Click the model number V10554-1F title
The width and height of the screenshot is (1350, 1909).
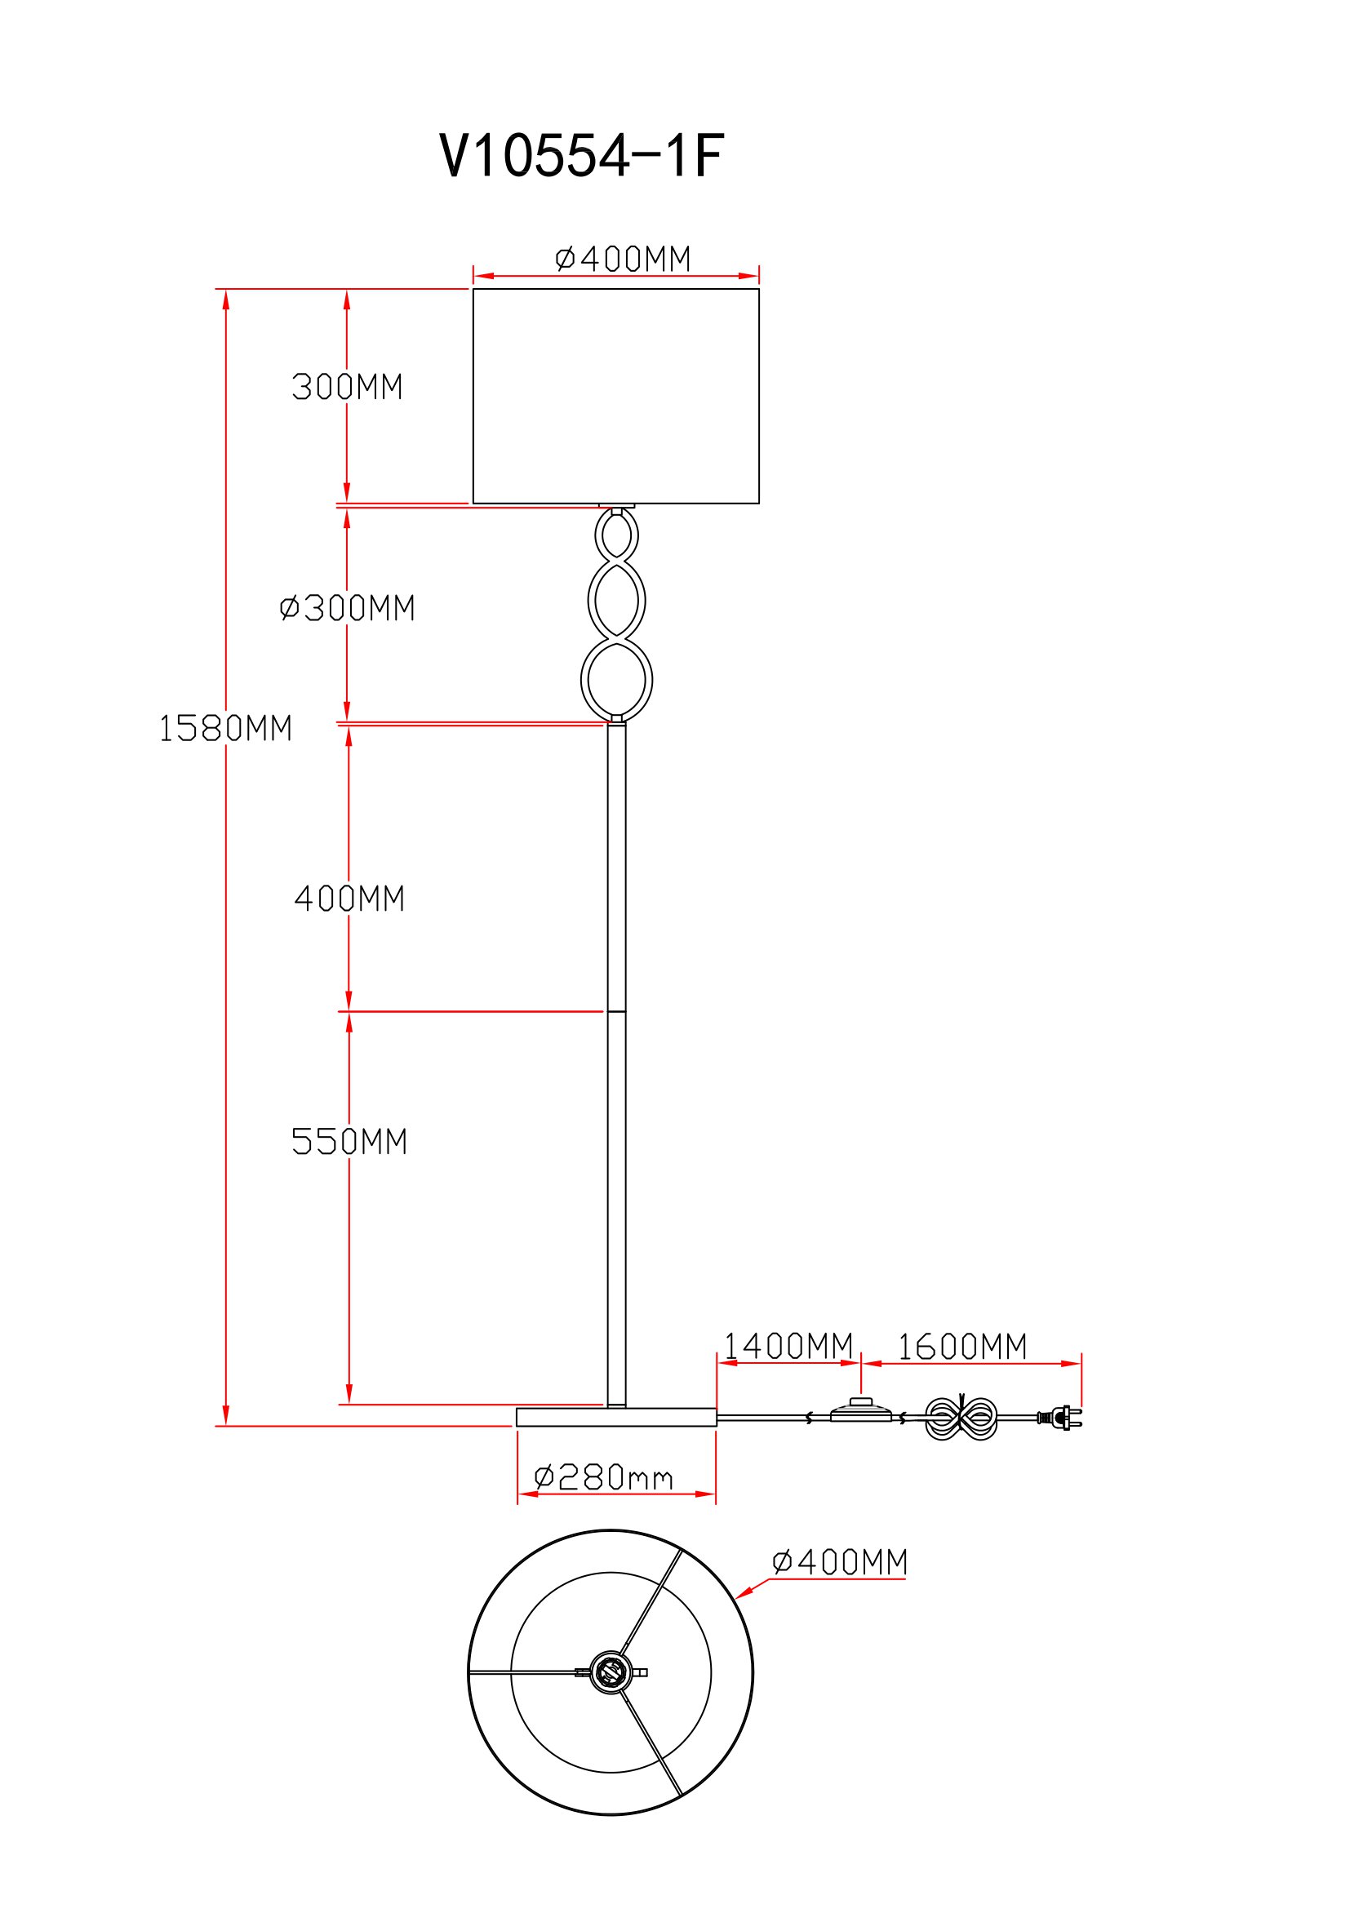pyautogui.click(x=582, y=156)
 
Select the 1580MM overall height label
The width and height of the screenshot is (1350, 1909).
pyautogui.click(x=225, y=728)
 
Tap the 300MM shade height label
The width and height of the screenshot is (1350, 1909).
pyautogui.click(x=348, y=388)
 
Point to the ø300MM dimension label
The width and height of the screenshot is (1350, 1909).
pyautogui.click(x=348, y=609)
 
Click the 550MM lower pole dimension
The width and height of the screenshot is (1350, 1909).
pyautogui.click(x=349, y=1142)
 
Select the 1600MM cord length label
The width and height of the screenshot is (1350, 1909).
pyautogui.click(x=962, y=1347)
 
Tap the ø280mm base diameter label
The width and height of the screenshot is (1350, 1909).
pyautogui.click(x=603, y=1477)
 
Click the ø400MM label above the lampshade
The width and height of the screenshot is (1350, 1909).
pyautogui.click(x=624, y=260)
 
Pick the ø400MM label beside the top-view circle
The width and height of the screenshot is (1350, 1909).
pyautogui.click(x=841, y=1562)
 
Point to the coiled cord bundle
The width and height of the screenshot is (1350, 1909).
pyautogui.click(x=961, y=1418)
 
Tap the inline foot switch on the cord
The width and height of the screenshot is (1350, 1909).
pyautogui.click(x=861, y=1412)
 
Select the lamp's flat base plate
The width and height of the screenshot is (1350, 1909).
pyautogui.click(x=616, y=1417)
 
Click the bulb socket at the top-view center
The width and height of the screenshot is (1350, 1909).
pyautogui.click(x=611, y=1672)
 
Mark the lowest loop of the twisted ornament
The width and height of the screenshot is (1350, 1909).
pyautogui.click(x=617, y=680)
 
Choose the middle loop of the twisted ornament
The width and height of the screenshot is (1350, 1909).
pyautogui.click(x=617, y=601)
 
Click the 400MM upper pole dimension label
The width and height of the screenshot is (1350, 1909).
pyautogui.click(x=349, y=899)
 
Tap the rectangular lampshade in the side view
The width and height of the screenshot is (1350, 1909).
pyautogui.click(x=616, y=396)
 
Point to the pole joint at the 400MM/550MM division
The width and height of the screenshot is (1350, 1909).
pyautogui.click(x=617, y=1012)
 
